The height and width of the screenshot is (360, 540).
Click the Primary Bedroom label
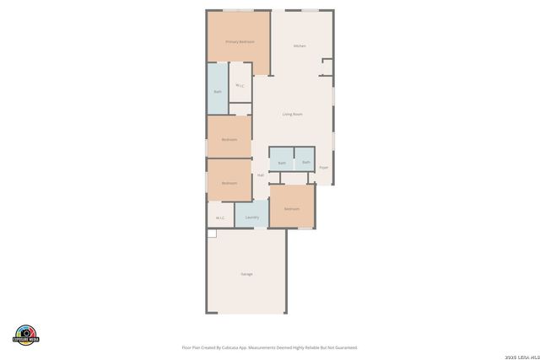click(240, 41)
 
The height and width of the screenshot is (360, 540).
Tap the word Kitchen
click(300, 46)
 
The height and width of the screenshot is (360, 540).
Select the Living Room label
click(292, 114)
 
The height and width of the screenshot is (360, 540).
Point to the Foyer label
click(323, 168)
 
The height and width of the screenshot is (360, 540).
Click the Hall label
click(261, 175)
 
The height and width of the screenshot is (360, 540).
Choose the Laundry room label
click(251, 218)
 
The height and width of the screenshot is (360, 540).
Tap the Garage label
click(246, 274)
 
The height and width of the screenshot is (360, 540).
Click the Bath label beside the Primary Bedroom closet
click(218, 91)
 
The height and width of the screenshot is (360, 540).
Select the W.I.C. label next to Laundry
click(220, 218)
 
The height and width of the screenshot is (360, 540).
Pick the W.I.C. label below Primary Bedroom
click(240, 85)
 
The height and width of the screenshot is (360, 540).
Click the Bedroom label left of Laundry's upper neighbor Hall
click(229, 183)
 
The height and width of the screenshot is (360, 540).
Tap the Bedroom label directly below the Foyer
click(292, 208)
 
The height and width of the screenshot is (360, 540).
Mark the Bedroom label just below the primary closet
click(229, 139)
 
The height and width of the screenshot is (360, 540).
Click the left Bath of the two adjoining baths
click(282, 163)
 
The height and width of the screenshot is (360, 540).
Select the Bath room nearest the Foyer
click(305, 162)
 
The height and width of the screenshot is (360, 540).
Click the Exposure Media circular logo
click(26, 335)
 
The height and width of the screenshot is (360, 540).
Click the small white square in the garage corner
click(212, 232)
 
